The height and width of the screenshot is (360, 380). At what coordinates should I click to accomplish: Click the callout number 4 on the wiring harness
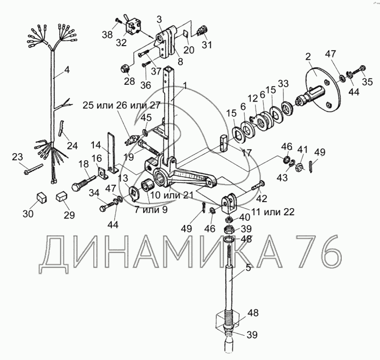pyautogui.click(x=67, y=70)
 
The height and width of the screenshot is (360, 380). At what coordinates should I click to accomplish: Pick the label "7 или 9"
pyautogui.click(x=152, y=210)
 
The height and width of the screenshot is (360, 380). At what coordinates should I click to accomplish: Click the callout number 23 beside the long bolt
pyautogui.click(x=17, y=156)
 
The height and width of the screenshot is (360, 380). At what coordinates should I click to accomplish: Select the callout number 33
pyautogui.click(x=283, y=84)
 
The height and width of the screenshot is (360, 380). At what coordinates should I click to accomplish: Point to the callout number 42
pyautogui.click(x=262, y=199)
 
